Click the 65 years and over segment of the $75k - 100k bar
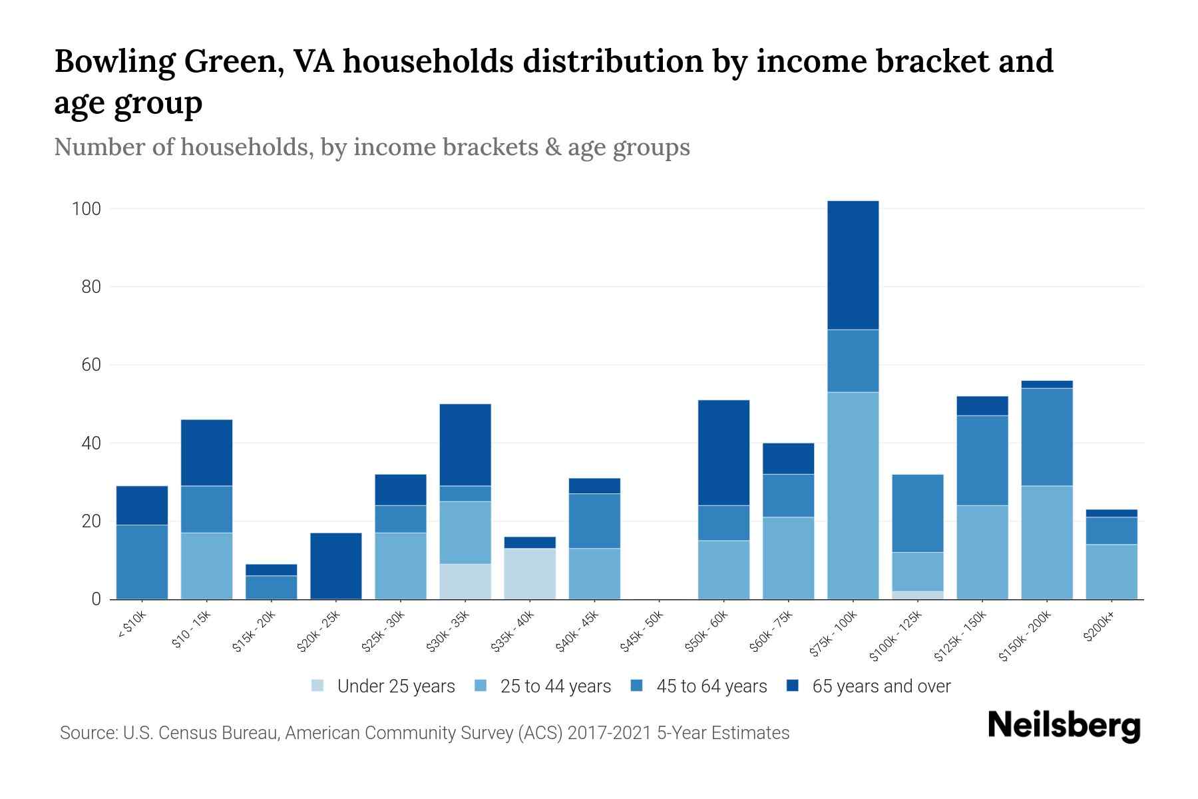(853, 265)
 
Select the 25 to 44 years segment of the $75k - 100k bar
(853, 495)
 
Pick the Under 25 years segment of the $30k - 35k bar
(465, 581)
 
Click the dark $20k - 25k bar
(336, 566)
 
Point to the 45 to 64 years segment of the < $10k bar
(142, 562)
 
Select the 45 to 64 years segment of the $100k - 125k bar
(917, 513)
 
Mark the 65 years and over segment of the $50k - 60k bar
(723, 453)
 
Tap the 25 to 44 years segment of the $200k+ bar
(1111, 572)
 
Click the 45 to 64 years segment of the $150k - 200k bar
(1046, 437)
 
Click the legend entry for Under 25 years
(383, 686)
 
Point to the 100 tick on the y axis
(87, 209)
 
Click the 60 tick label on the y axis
(91, 366)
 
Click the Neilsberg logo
(1064, 726)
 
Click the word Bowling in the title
(114, 62)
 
